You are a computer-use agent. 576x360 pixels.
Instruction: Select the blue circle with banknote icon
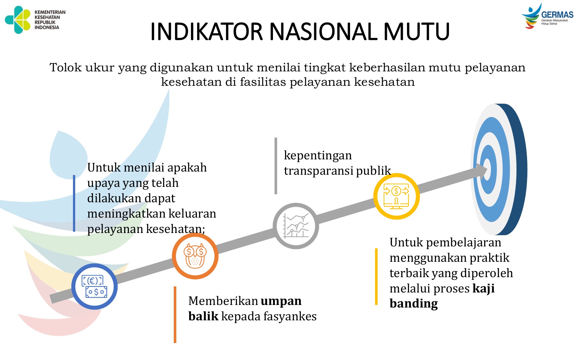pos(94,286)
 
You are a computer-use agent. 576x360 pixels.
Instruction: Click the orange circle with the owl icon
pos(195,256)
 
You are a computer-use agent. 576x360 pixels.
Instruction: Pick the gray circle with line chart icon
pos(296,226)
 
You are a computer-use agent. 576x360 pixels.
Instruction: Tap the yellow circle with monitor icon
pos(396,196)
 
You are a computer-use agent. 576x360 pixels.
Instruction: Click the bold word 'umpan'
pos(281,301)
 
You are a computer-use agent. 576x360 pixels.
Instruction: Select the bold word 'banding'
pos(413,303)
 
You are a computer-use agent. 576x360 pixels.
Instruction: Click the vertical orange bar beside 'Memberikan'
pos(175,315)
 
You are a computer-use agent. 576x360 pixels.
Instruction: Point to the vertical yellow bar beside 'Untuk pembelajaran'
pos(376,276)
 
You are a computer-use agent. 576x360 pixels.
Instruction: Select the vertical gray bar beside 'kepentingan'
pos(276,166)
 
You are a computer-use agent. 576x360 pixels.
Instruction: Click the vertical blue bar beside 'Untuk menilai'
pos(74,203)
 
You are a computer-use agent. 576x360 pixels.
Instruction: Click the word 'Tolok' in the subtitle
pos(66,68)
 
